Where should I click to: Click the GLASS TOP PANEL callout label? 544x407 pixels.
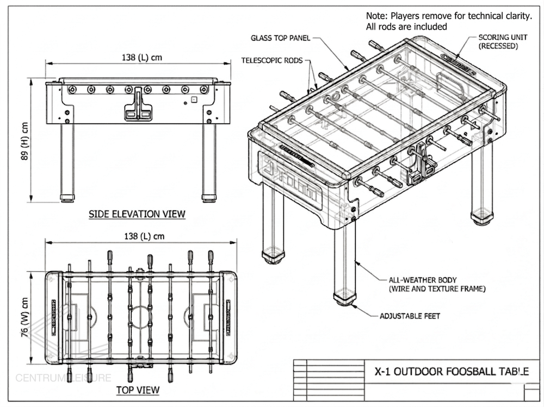point(281,38)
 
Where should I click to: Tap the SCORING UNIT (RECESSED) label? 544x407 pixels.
point(498,42)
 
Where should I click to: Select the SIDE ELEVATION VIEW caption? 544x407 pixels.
point(137,214)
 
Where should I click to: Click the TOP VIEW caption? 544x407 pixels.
point(138,390)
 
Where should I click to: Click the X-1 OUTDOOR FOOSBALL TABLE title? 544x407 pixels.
point(452,372)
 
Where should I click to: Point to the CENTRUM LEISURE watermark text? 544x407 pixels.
point(63,378)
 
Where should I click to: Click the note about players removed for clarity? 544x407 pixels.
point(448,21)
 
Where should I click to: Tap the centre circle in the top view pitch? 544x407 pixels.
point(141,316)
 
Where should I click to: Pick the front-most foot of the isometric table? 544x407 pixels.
point(345,296)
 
